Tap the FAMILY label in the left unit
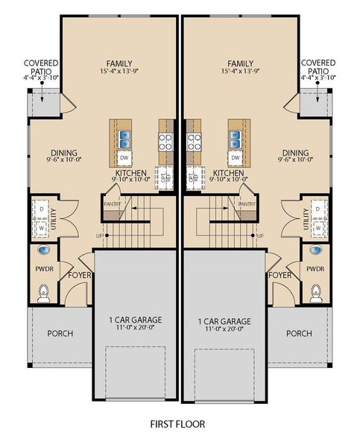tap(119, 63)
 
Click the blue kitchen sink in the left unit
tap(124, 139)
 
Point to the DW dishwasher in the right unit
tap(236, 158)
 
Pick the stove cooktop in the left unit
tap(164, 139)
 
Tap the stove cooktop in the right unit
tap(195, 139)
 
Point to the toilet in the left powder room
tap(42, 295)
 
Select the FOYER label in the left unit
tap(79, 274)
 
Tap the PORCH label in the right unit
tap(299, 333)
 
